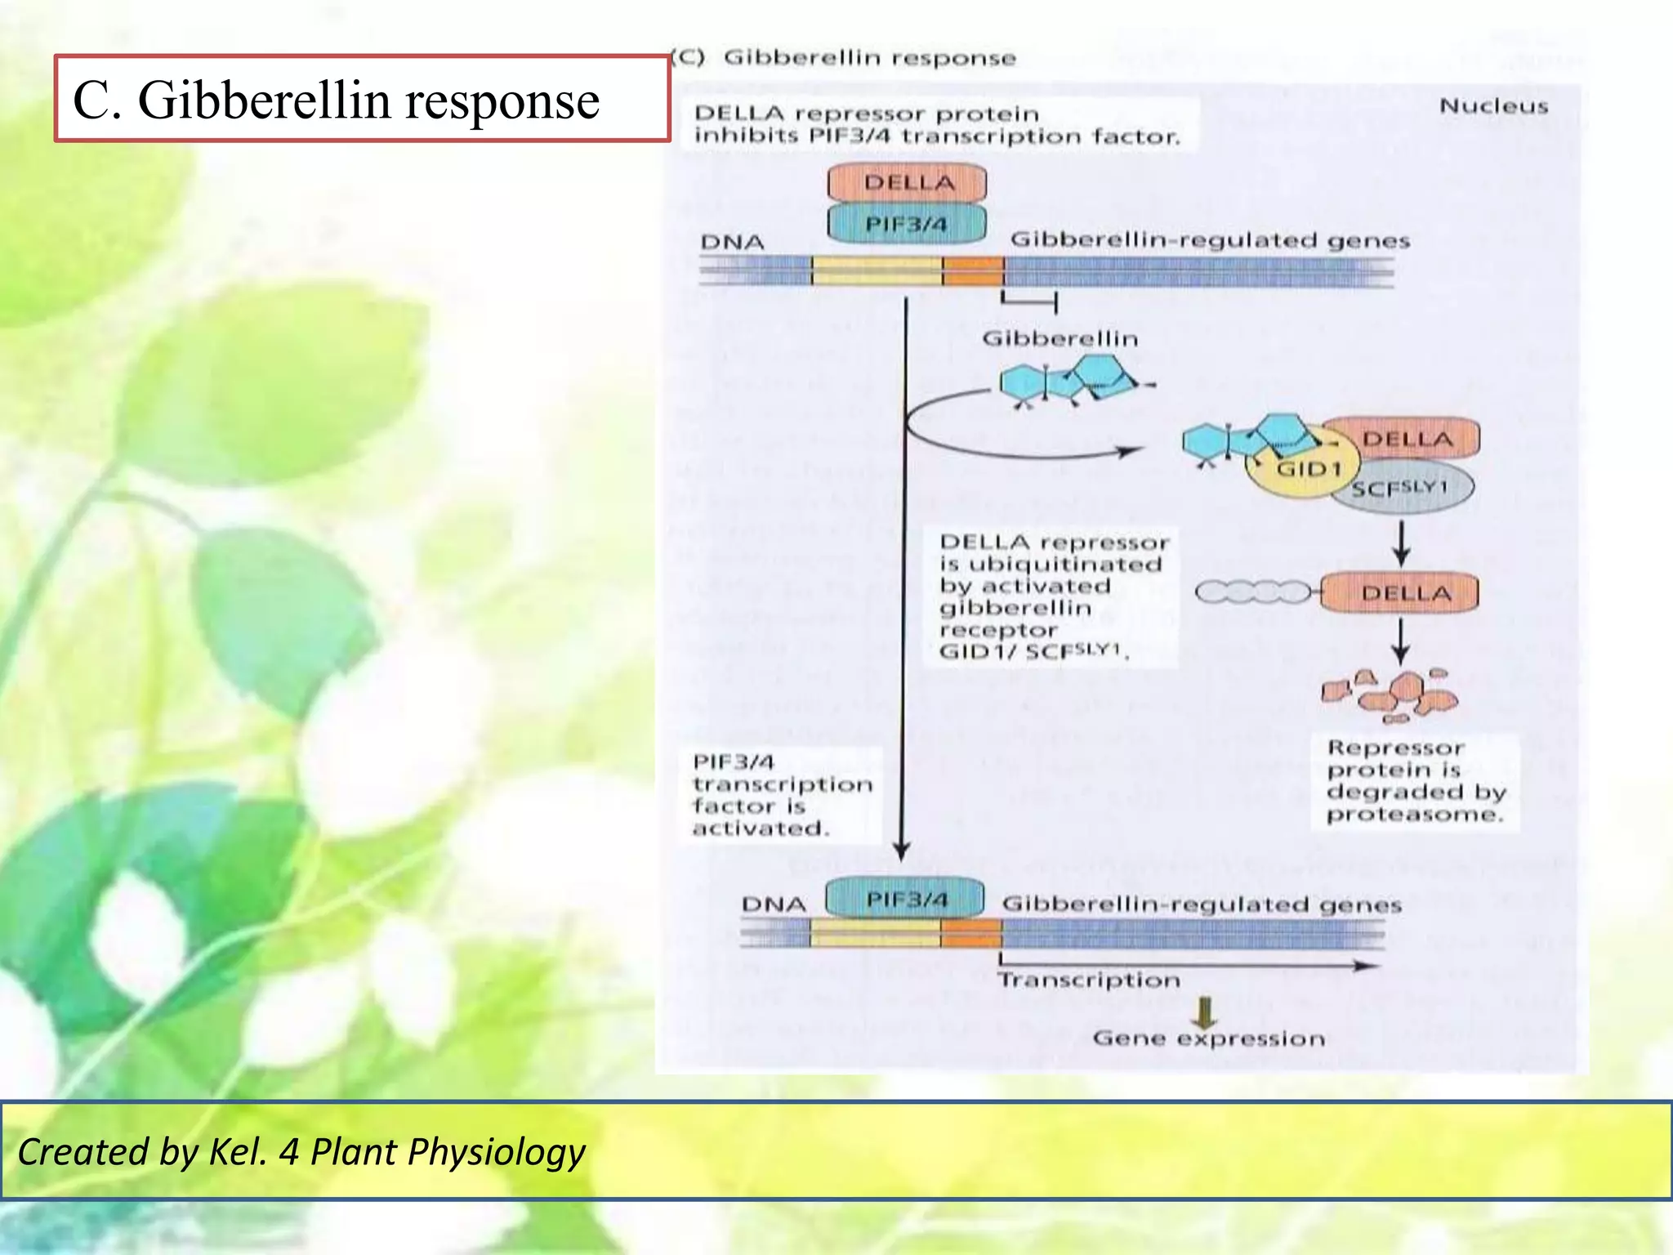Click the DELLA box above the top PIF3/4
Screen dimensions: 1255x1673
pos(907,182)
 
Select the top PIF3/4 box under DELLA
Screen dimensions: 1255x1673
pos(907,224)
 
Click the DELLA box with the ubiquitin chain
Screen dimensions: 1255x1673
pos(1400,593)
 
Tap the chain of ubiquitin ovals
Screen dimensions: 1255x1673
pos(1254,592)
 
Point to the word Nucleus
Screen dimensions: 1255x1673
pos(1493,106)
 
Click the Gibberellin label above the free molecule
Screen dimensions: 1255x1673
pos(1060,338)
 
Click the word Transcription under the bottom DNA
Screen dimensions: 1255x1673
pos(1088,980)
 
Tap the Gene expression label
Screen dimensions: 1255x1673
pos(1208,1038)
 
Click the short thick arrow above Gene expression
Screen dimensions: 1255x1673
pos(1204,1012)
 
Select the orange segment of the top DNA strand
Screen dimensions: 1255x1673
pos(973,270)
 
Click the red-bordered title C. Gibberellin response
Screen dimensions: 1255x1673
pos(362,99)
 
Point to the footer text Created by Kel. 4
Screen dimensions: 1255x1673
pos(301,1151)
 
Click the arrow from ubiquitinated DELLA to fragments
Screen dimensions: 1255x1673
pos(1400,641)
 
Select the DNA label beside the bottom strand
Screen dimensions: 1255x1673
pos(774,904)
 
